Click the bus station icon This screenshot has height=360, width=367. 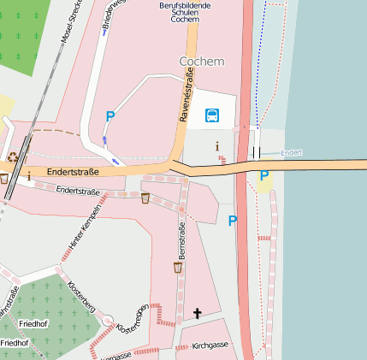(211, 115)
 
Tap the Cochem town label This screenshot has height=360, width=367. (202, 62)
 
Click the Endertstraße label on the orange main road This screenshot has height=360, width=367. (73, 172)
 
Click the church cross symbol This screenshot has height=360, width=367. (197, 314)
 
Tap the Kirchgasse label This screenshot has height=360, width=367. (210, 345)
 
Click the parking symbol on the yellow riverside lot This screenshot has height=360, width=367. (263, 176)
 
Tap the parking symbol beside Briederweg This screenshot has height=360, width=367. (110, 116)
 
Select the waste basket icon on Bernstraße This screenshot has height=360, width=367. (178, 268)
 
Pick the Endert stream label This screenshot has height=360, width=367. (292, 152)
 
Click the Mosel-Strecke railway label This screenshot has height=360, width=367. (71, 21)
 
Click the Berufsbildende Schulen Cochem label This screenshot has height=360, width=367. (186, 12)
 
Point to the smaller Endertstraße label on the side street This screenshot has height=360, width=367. (77, 192)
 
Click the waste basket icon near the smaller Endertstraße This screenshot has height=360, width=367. (145, 198)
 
